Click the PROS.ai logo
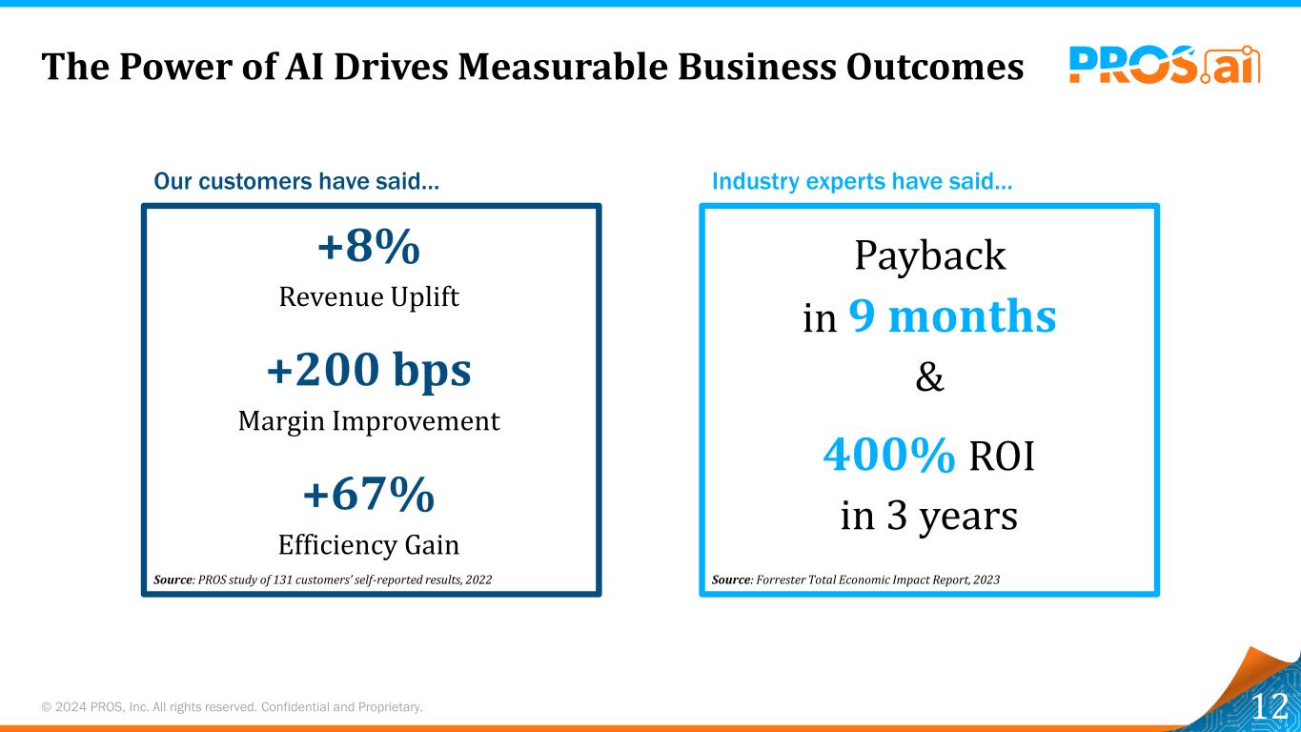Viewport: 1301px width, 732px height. click(x=1164, y=64)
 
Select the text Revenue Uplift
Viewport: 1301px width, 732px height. click(x=369, y=297)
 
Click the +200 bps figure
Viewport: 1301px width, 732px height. click(x=369, y=372)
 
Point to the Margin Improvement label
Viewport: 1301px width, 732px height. click(x=369, y=421)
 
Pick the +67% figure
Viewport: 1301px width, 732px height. click(x=369, y=495)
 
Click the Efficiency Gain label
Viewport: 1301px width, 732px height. click(x=369, y=545)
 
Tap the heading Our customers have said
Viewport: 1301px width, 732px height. click(x=296, y=181)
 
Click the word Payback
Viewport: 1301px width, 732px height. click(x=929, y=255)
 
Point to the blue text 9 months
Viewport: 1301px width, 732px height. click(x=952, y=316)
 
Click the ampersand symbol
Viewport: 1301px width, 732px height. click(x=929, y=378)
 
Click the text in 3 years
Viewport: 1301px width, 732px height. click(x=929, y=518)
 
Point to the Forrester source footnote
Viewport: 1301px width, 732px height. click(x=856, y=579)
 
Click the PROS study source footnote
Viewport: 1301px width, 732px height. click(x=323, y=579)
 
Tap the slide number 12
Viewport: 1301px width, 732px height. click(x=1269, y=707)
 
